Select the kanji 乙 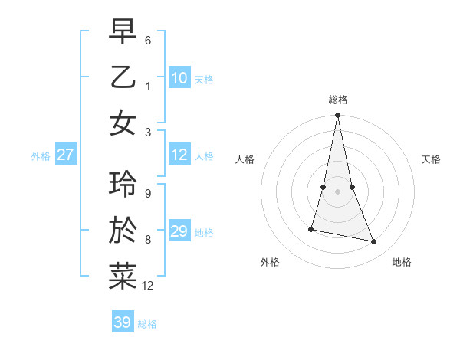pos(123,77)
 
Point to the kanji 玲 pos(123,184)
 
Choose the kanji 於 pos(123,231)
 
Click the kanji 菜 pos(123,277)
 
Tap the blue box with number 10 pos(179,78)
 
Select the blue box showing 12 pos(179,155)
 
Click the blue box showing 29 pos(179,231)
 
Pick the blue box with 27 pos(65,155)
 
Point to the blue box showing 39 pos(123,322)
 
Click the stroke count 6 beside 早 pos(148,40)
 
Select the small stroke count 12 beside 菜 pos(148,286)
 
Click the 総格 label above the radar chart pos(337,100)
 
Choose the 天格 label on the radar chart pos(432,159)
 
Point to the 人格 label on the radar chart pos(245,159)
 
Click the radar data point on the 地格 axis pos(374,242)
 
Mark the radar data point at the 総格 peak pos(337,116)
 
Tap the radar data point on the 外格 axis pos(311,229)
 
